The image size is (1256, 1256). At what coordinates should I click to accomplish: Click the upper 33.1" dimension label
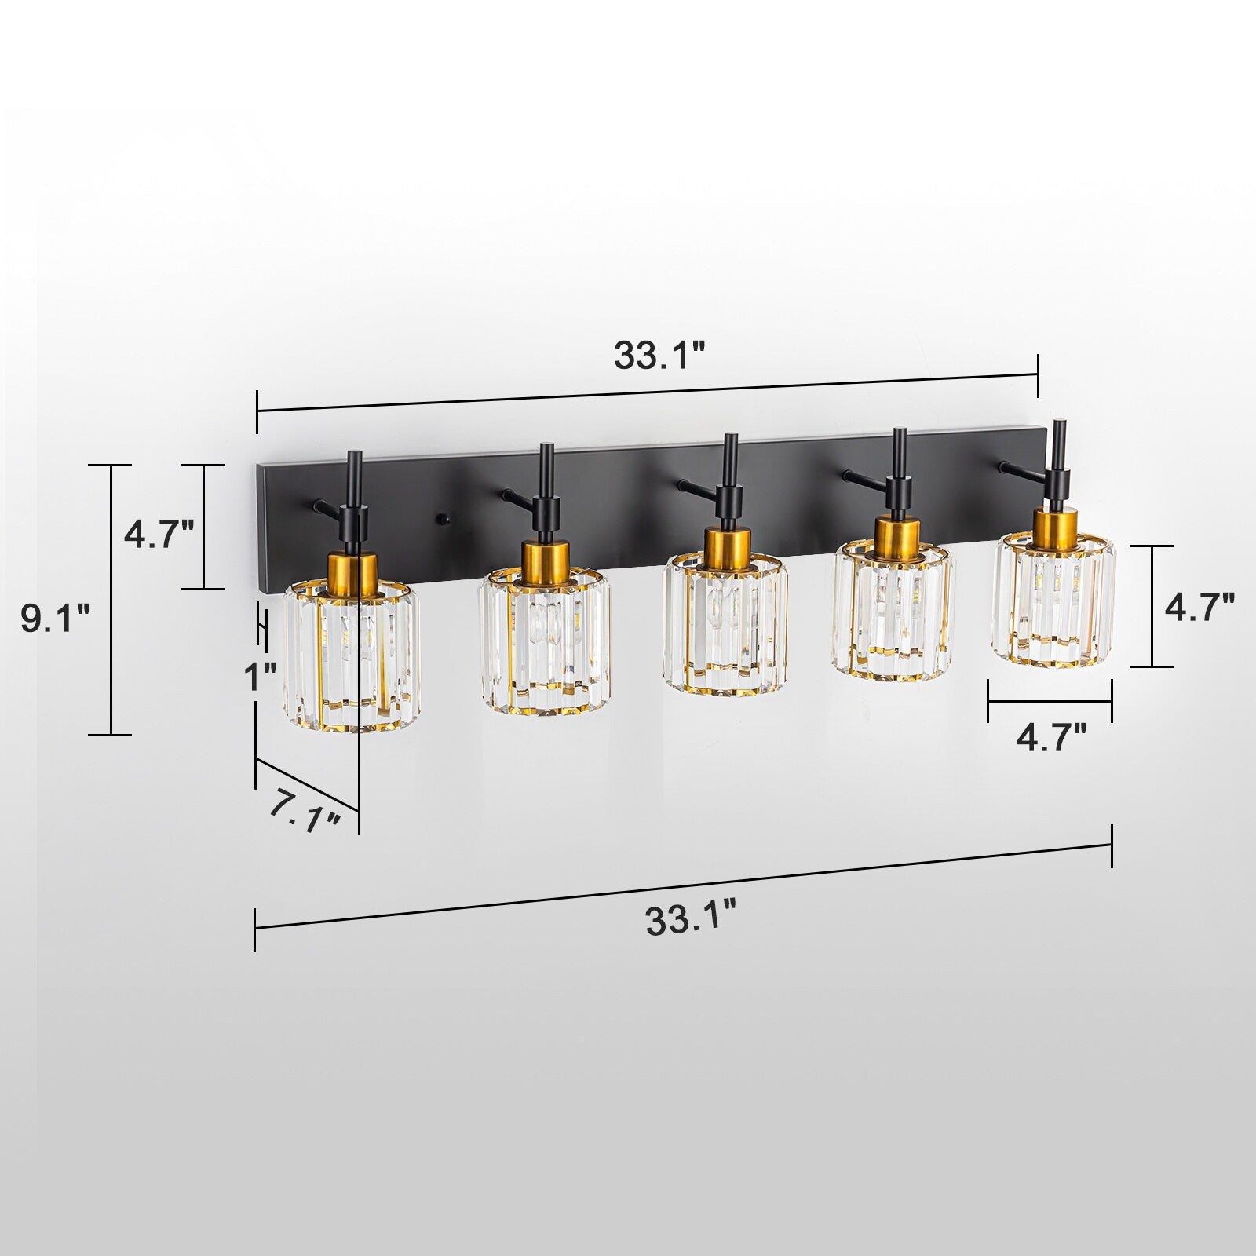coord(659,356)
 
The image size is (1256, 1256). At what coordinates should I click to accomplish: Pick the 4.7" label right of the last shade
coord(1199,607)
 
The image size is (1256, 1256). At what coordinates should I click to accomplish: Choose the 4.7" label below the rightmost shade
coord(1052,738)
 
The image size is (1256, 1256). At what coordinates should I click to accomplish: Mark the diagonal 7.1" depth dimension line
coord(306,785)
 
